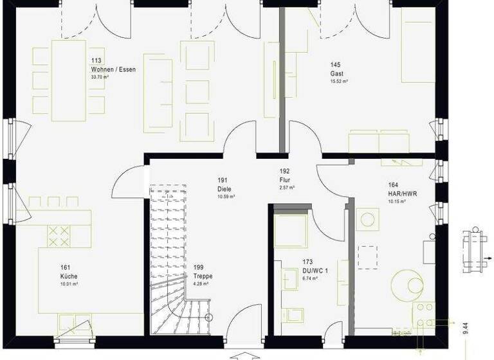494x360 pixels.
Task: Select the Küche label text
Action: tap(69, 276)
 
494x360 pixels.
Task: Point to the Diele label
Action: tap(224, 189)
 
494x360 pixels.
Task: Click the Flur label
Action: tap(286, 180)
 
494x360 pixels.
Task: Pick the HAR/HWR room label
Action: tap(398, 193)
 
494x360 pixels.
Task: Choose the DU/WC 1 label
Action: tap(315, 271)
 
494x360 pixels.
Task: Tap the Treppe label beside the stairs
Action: tap(203, 276)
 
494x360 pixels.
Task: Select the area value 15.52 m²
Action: tap(339, 82)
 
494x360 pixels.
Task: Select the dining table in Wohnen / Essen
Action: tap(69, 80)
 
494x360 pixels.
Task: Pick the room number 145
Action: tap(335, 65)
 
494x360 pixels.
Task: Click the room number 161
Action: tap(65, 267)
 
